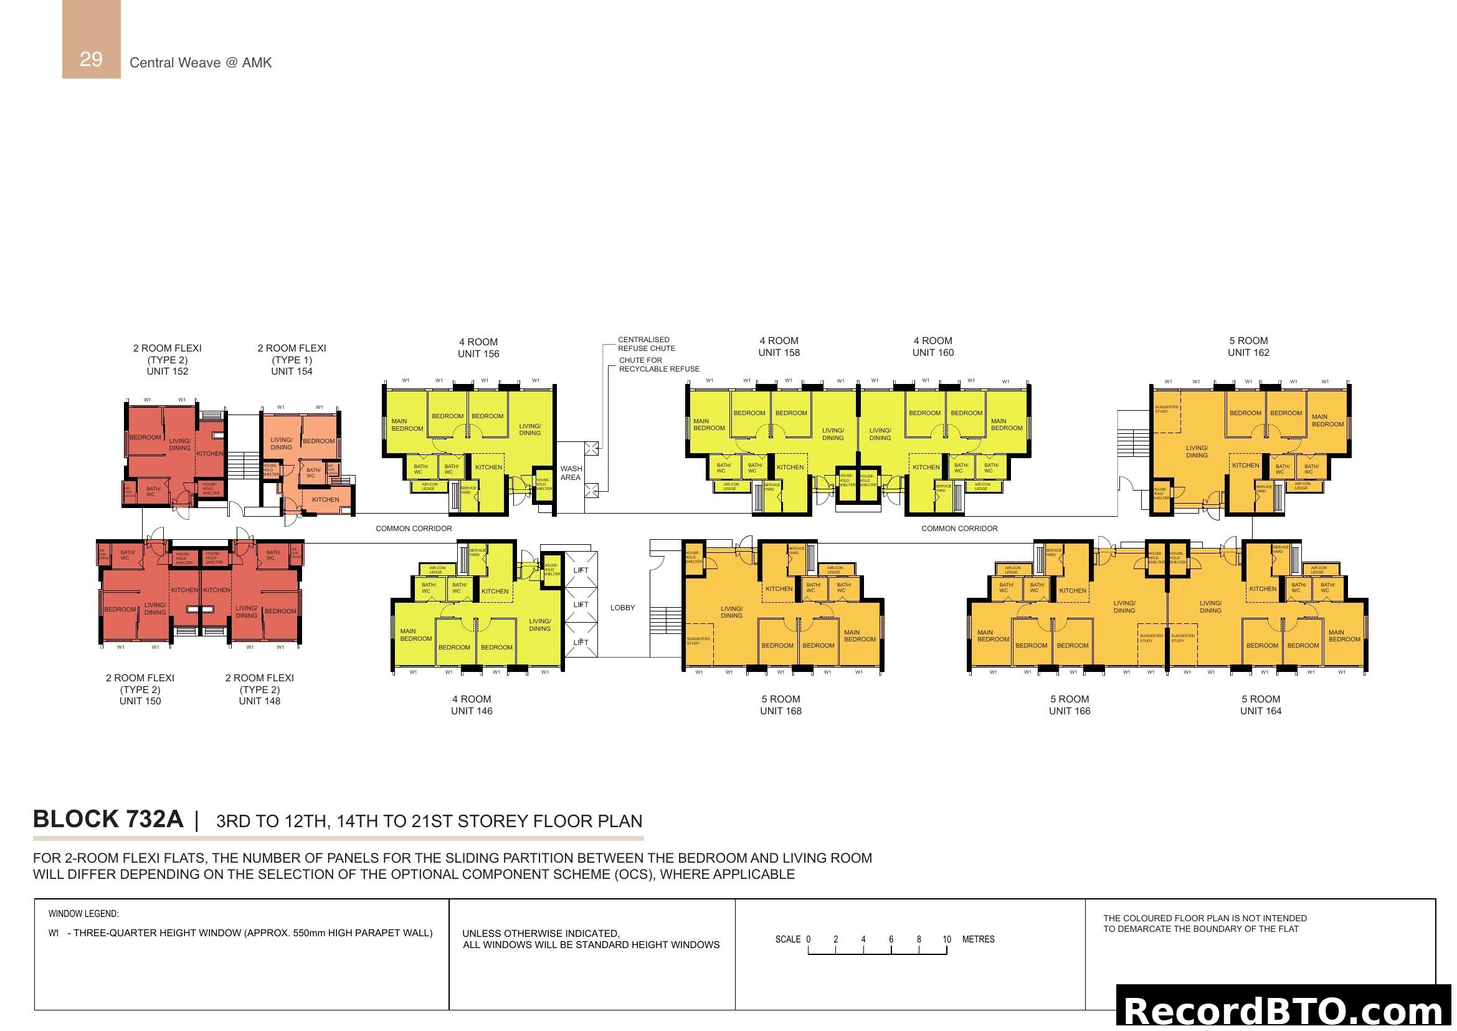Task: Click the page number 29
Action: pyautogui.click(x=91, y=59)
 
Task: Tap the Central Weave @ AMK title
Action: pyautogui.click(x=201, y=62)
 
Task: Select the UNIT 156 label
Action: pyautogui.click(x=478, y=353)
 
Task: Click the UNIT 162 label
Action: pyautogui.click(x=1248, y=352)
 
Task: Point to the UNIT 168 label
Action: pyautogui.click(x=781, y=711)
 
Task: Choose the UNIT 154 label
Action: pyautogui.click(x=292, y=372)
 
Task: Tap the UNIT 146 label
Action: pyautogui.click(x=472, y=711)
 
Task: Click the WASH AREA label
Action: pyautogui.click(x=571, y=473)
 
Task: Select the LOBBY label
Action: pyautogui.click(x=622, y=608)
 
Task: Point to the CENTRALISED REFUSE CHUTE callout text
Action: pyautogui.click(x=646, y=344)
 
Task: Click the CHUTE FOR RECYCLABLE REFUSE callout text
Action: pyautogui.click(x=658, y=365)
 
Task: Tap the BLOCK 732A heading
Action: pyautogui.click(x=108, y=820)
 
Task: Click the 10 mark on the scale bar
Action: pyautogui.click(x=946, y=939)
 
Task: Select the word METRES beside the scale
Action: pyautogui.click(x=978, y=939)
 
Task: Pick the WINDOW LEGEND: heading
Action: pyautogui.click(x=83, y=914)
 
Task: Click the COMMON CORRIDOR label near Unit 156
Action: pyautogui.click(x=414, y=528)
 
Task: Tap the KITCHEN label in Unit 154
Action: pyautogui.click(x=326, y=500)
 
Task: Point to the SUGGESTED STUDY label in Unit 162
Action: pyautogui.click(x=1166, y=410)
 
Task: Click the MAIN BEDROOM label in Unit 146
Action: pyautogui.click(x=415, y=635)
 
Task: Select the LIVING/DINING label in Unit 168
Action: pyautogui.click(x=731, y=612)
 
